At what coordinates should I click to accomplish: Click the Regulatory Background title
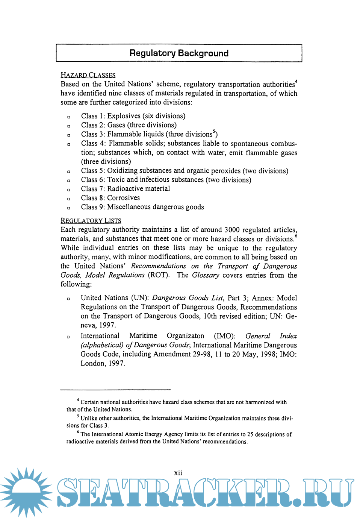coord(179,53)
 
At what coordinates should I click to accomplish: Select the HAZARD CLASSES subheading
coord(88,75)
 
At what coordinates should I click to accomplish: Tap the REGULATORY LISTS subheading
coord(91,221)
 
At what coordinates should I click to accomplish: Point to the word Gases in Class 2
coord(116,125)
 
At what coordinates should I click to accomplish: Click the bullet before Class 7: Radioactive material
coord(69,190)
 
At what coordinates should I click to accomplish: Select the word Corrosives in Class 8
coord(123,198)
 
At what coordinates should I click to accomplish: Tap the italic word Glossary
coord(206,275)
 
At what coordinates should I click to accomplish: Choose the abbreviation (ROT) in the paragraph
coord(159,275)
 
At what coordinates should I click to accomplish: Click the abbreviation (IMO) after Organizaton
coord(224,336)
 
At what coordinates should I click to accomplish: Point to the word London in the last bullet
coord(92,363)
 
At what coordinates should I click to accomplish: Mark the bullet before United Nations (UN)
coord(68,299)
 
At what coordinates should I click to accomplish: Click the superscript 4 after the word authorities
coord(296,81)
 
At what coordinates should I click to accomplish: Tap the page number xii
coord(178,473)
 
